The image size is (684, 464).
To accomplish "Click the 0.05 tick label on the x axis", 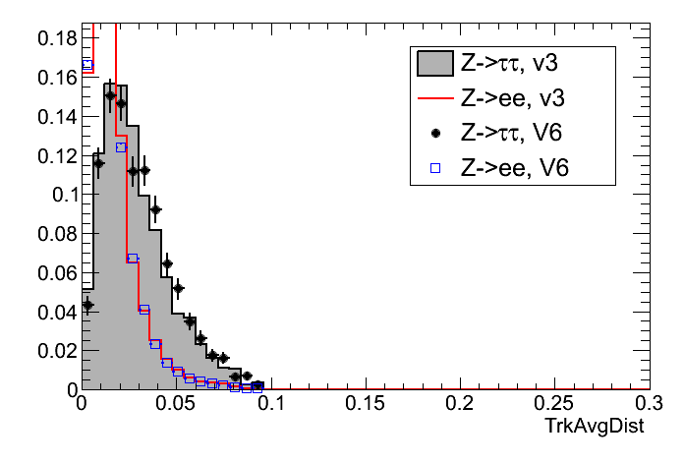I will click(176, 405).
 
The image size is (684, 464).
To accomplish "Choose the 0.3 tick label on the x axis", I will click(646, 405).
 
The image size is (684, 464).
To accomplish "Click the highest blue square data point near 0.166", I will click(86, 65).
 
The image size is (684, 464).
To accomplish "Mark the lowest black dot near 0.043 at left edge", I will click(86, 305).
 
